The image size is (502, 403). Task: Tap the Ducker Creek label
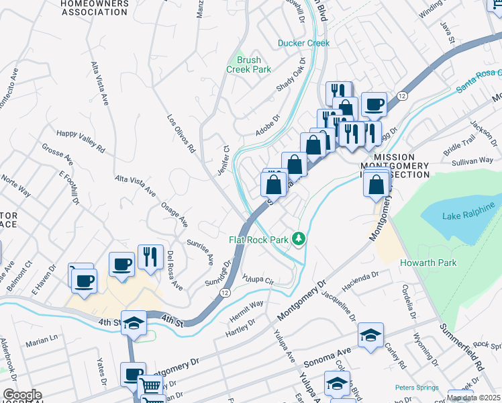pyautogui.click(x=304, y=43)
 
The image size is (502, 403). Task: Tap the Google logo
pyautogui.click(x=22, y=395)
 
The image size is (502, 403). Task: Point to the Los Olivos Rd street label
pyautogui.click(x=181, y=133)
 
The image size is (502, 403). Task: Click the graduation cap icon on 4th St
pyautogui.click(x=134, y=323)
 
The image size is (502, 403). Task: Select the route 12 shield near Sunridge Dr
pyautogui.click(x=224, y=293)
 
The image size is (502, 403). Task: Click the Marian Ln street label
pyautogui.click(x=42, y=342)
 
